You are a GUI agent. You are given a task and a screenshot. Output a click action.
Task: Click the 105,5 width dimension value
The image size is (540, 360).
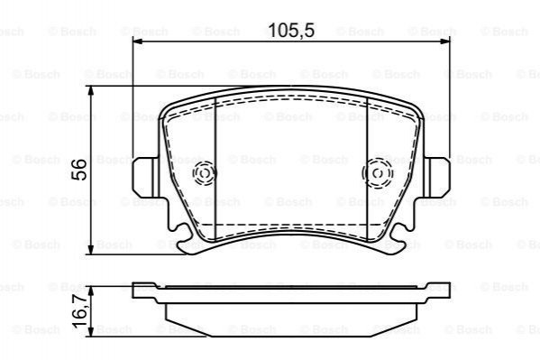(291, 31)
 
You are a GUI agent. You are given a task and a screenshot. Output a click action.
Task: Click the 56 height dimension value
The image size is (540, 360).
(78, 170)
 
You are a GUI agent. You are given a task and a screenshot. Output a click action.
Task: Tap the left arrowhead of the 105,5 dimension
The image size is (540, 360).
(137, 42)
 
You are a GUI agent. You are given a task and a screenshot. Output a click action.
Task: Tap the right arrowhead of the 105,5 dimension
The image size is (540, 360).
(445, 42)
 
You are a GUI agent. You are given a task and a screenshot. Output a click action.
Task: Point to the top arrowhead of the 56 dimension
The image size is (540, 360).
(90, 91)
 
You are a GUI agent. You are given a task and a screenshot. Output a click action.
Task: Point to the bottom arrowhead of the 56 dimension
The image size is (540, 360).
(90, 249)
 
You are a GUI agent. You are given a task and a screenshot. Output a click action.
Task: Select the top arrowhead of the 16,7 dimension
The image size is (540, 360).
(90, 291)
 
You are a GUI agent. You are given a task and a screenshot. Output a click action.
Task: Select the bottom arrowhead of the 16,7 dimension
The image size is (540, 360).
(90, 332)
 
